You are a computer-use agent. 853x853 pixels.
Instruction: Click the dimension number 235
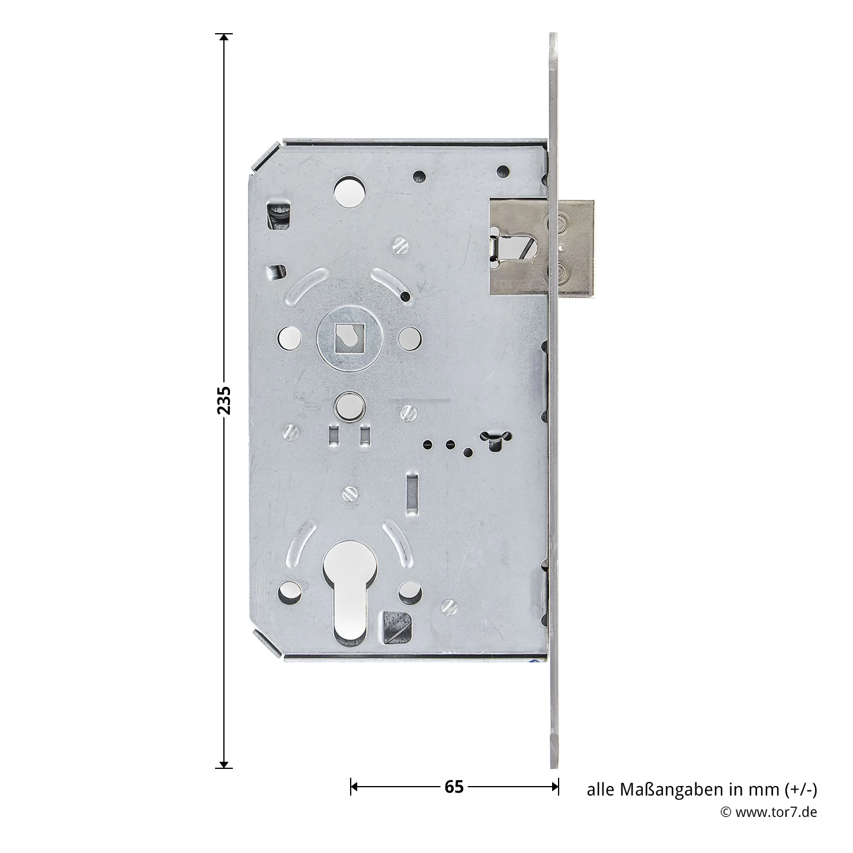[x=224, y=400]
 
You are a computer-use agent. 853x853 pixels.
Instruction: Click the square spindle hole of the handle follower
[x=349, y=339]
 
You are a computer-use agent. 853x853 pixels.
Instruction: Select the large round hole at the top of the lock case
[x=349, y=192]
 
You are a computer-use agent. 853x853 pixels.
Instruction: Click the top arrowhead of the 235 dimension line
[x=224, y=38]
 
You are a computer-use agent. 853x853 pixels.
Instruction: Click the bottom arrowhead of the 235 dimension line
[x=224, y=765]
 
